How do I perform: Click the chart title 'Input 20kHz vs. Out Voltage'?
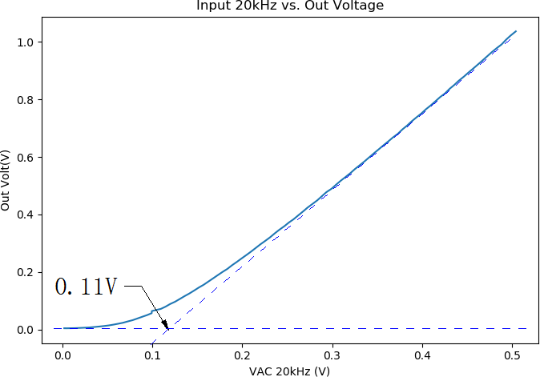pos(290,6)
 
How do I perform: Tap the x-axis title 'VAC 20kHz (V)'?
pos(290,371)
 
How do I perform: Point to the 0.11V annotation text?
pos(86,287)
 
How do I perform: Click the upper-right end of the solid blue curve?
pos(516,31)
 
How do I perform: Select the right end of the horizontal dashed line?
pos(526,328)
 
